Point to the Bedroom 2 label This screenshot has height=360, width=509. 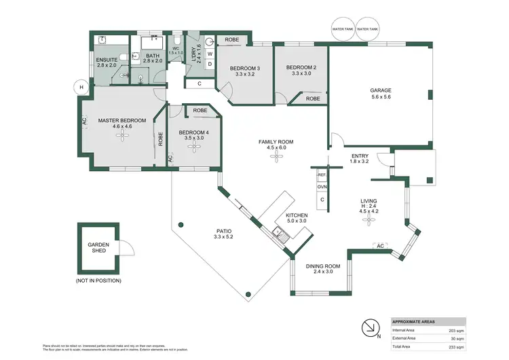pos(301,67)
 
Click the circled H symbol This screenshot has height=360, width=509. pos(81,86)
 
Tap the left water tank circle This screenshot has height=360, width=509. pos(341,29)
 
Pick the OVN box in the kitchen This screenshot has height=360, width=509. pos(322,187)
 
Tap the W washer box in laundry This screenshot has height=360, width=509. pos(209,53)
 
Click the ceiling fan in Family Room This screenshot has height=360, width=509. pos(276,157)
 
